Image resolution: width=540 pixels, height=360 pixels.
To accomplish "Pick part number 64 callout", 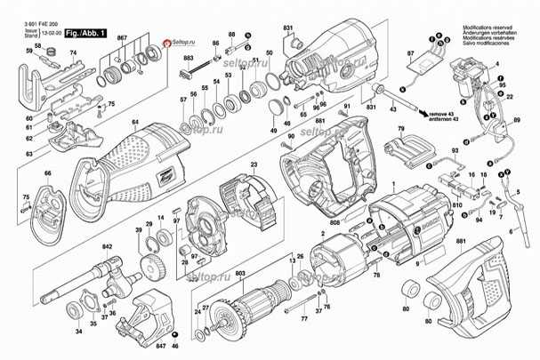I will (135, 122).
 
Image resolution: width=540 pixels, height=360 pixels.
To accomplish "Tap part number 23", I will (253, 164).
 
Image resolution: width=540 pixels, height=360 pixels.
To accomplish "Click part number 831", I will (288, 28).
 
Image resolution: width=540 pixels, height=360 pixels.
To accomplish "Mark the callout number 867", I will (122, 36).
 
